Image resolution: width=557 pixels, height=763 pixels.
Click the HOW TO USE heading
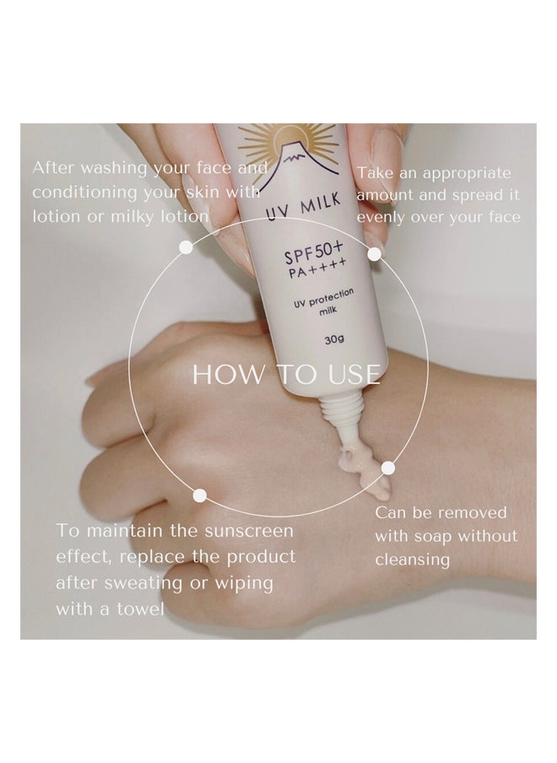point(287,374)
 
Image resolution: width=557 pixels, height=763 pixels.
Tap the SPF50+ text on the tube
point(315,251)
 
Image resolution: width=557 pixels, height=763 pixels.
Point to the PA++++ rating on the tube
point(317,268)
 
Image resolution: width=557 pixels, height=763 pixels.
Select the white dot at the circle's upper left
point(186,247)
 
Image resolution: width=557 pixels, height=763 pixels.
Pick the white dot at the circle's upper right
point(374,254)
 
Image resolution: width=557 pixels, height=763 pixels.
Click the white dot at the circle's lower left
point(199,495)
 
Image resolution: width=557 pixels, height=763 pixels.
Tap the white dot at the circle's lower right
point(387,468)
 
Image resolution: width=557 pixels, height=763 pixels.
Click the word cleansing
point(413,560)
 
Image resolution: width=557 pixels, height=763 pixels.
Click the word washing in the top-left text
point(114,169)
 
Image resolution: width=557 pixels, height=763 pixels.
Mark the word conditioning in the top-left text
point(84,193)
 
